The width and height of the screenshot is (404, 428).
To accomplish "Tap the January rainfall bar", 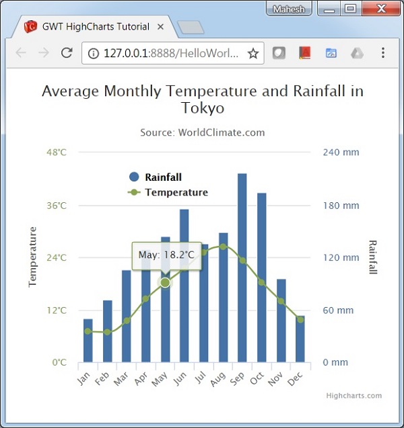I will pyautogui.click(x=88, y=341).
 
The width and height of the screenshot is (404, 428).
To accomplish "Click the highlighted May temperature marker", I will pyautogui.click(x=165, y=282).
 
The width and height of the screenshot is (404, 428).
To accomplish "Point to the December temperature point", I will pyautogui.click(x=300, y=319).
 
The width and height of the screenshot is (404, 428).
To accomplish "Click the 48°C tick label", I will pyautogui.click(x=56, y=153).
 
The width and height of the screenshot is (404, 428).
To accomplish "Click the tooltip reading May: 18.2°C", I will pyautogui.click(x=166, y=255).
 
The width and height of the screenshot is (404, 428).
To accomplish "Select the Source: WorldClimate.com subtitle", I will pyautogui.click(x=202, y=133).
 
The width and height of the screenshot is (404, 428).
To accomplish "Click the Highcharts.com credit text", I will pyautogui.click(x=353, y=396).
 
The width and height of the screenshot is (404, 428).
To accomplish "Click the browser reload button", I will pyautogui.click(x=67, y=53).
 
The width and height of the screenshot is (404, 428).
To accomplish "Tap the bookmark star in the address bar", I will pyautogui.click(x=253, y=53).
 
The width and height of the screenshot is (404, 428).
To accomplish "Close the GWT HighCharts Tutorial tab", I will pyautogui.click(x=160, y=28).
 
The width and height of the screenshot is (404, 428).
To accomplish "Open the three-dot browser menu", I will pyautogui.click(x=382, y=53).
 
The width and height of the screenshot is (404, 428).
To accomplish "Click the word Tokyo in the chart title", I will pyautogui.click(x=202, y=108).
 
